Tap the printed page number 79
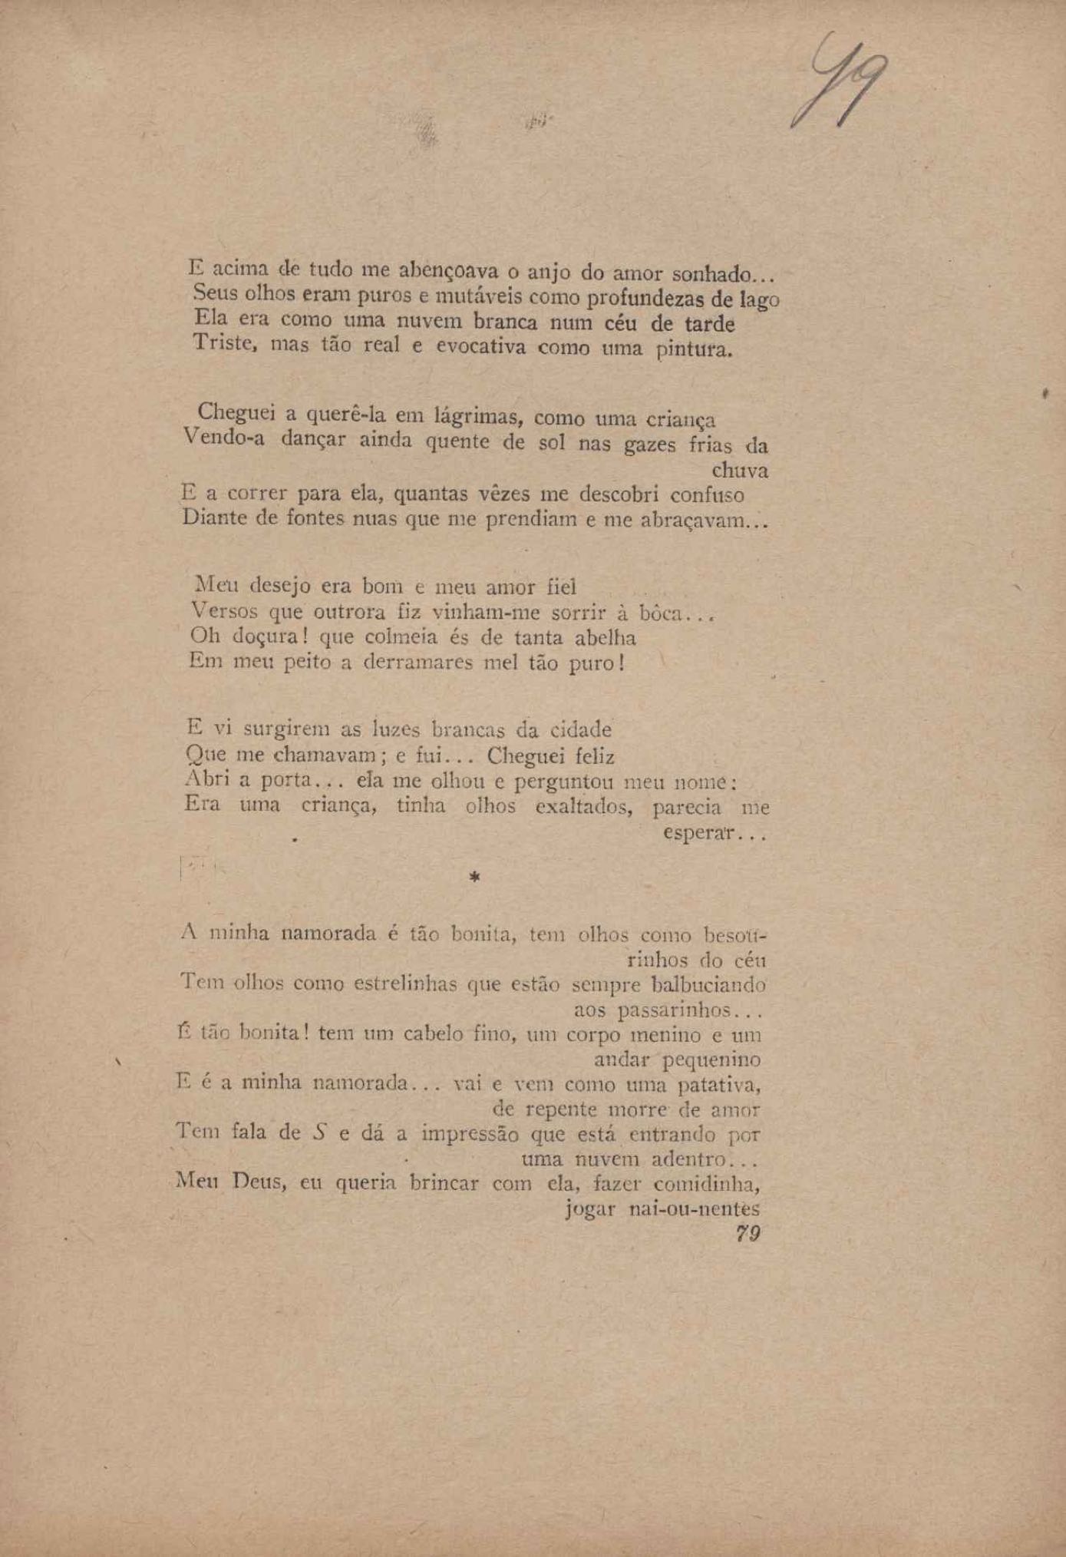click(x=748, y=1234)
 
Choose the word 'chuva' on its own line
click(x=740, y=470)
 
